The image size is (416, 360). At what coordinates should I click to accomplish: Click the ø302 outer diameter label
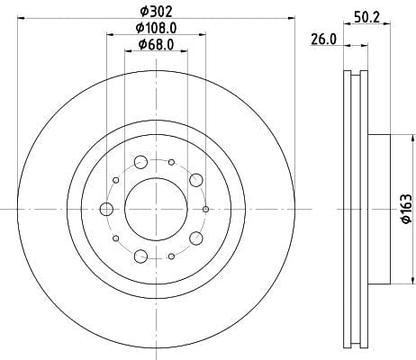click(157, 12)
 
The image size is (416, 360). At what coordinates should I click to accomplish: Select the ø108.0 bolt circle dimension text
click(156, 28)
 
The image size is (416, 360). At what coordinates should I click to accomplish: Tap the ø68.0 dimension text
click(156, 45)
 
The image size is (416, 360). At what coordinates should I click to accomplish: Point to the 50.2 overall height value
click(366, 17)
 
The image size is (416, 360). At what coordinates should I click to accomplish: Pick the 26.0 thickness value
click(323, 40)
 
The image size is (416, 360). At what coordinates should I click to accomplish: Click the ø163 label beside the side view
click(406, 209)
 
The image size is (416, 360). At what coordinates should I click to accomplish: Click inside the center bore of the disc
click(156, 209)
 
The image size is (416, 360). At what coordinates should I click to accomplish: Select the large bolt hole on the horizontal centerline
click(106, 209)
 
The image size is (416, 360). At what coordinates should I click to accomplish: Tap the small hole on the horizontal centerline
click(205, 209)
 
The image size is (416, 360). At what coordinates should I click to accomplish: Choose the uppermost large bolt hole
click(140, 162)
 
